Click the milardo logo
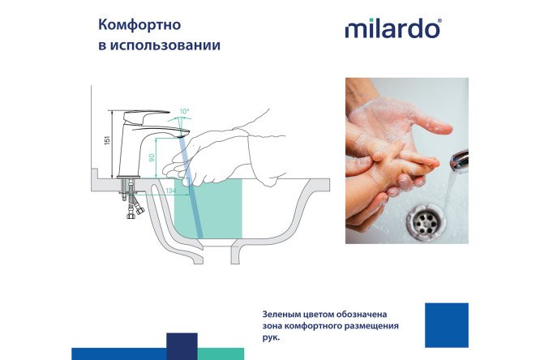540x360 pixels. [392, 28]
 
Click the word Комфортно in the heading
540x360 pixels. [135, 24]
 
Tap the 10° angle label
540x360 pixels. [184, 111]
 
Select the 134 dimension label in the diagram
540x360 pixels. [170, 191]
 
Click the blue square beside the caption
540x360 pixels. [446, 325]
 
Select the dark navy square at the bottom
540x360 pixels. [182, 345]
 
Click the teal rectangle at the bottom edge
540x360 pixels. [221, 354]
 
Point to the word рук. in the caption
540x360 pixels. [272, 338]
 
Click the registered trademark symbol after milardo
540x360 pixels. [440, 21]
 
